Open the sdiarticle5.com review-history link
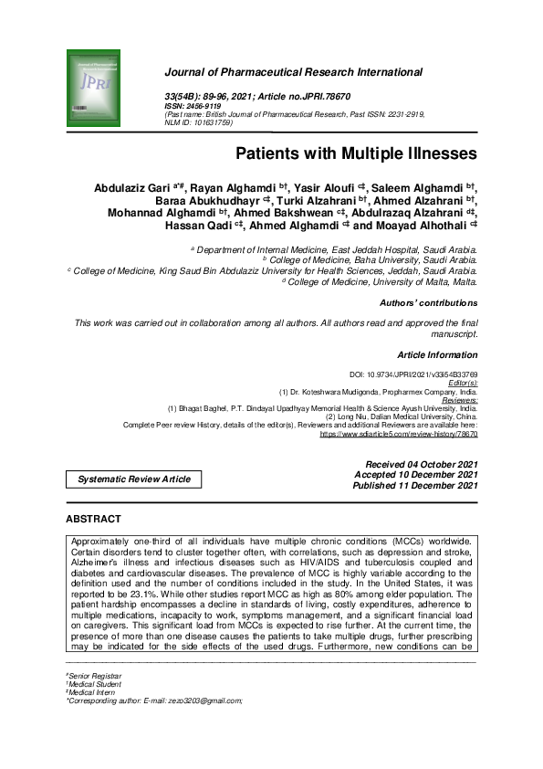(399, 434)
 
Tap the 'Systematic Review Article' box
(133, 479)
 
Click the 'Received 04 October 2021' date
(421, 465)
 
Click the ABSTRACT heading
(93, 519)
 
